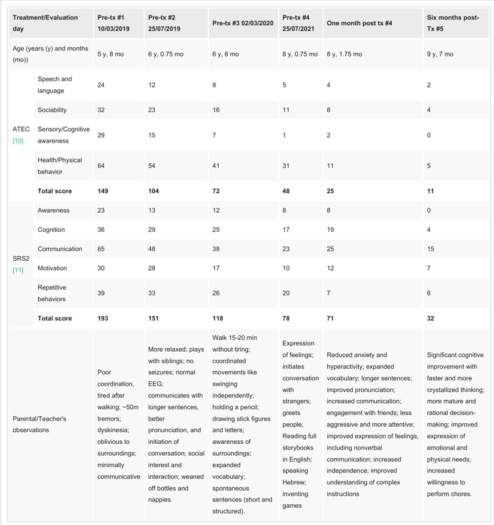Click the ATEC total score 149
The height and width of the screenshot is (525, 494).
[103, 191]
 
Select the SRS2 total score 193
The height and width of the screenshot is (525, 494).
[103, 318]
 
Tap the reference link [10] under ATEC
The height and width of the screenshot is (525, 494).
[18, 141]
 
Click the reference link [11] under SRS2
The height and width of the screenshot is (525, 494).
[18, 270]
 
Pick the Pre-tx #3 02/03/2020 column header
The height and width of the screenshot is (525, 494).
[243, 23]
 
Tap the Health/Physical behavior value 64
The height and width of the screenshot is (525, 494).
[101, 166]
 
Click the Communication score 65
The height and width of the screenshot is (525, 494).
[101, 249]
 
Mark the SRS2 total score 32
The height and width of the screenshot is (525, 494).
[431, 318]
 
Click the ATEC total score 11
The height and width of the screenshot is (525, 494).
[431, 191]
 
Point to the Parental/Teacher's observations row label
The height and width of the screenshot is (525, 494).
[39, 424]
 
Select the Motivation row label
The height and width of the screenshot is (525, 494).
[52, 268]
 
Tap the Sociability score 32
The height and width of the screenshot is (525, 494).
[101, 110]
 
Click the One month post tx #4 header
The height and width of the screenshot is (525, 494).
[359, 23]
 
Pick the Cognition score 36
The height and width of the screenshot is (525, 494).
[101, 230]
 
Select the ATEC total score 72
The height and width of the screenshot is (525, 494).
[216, 191]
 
